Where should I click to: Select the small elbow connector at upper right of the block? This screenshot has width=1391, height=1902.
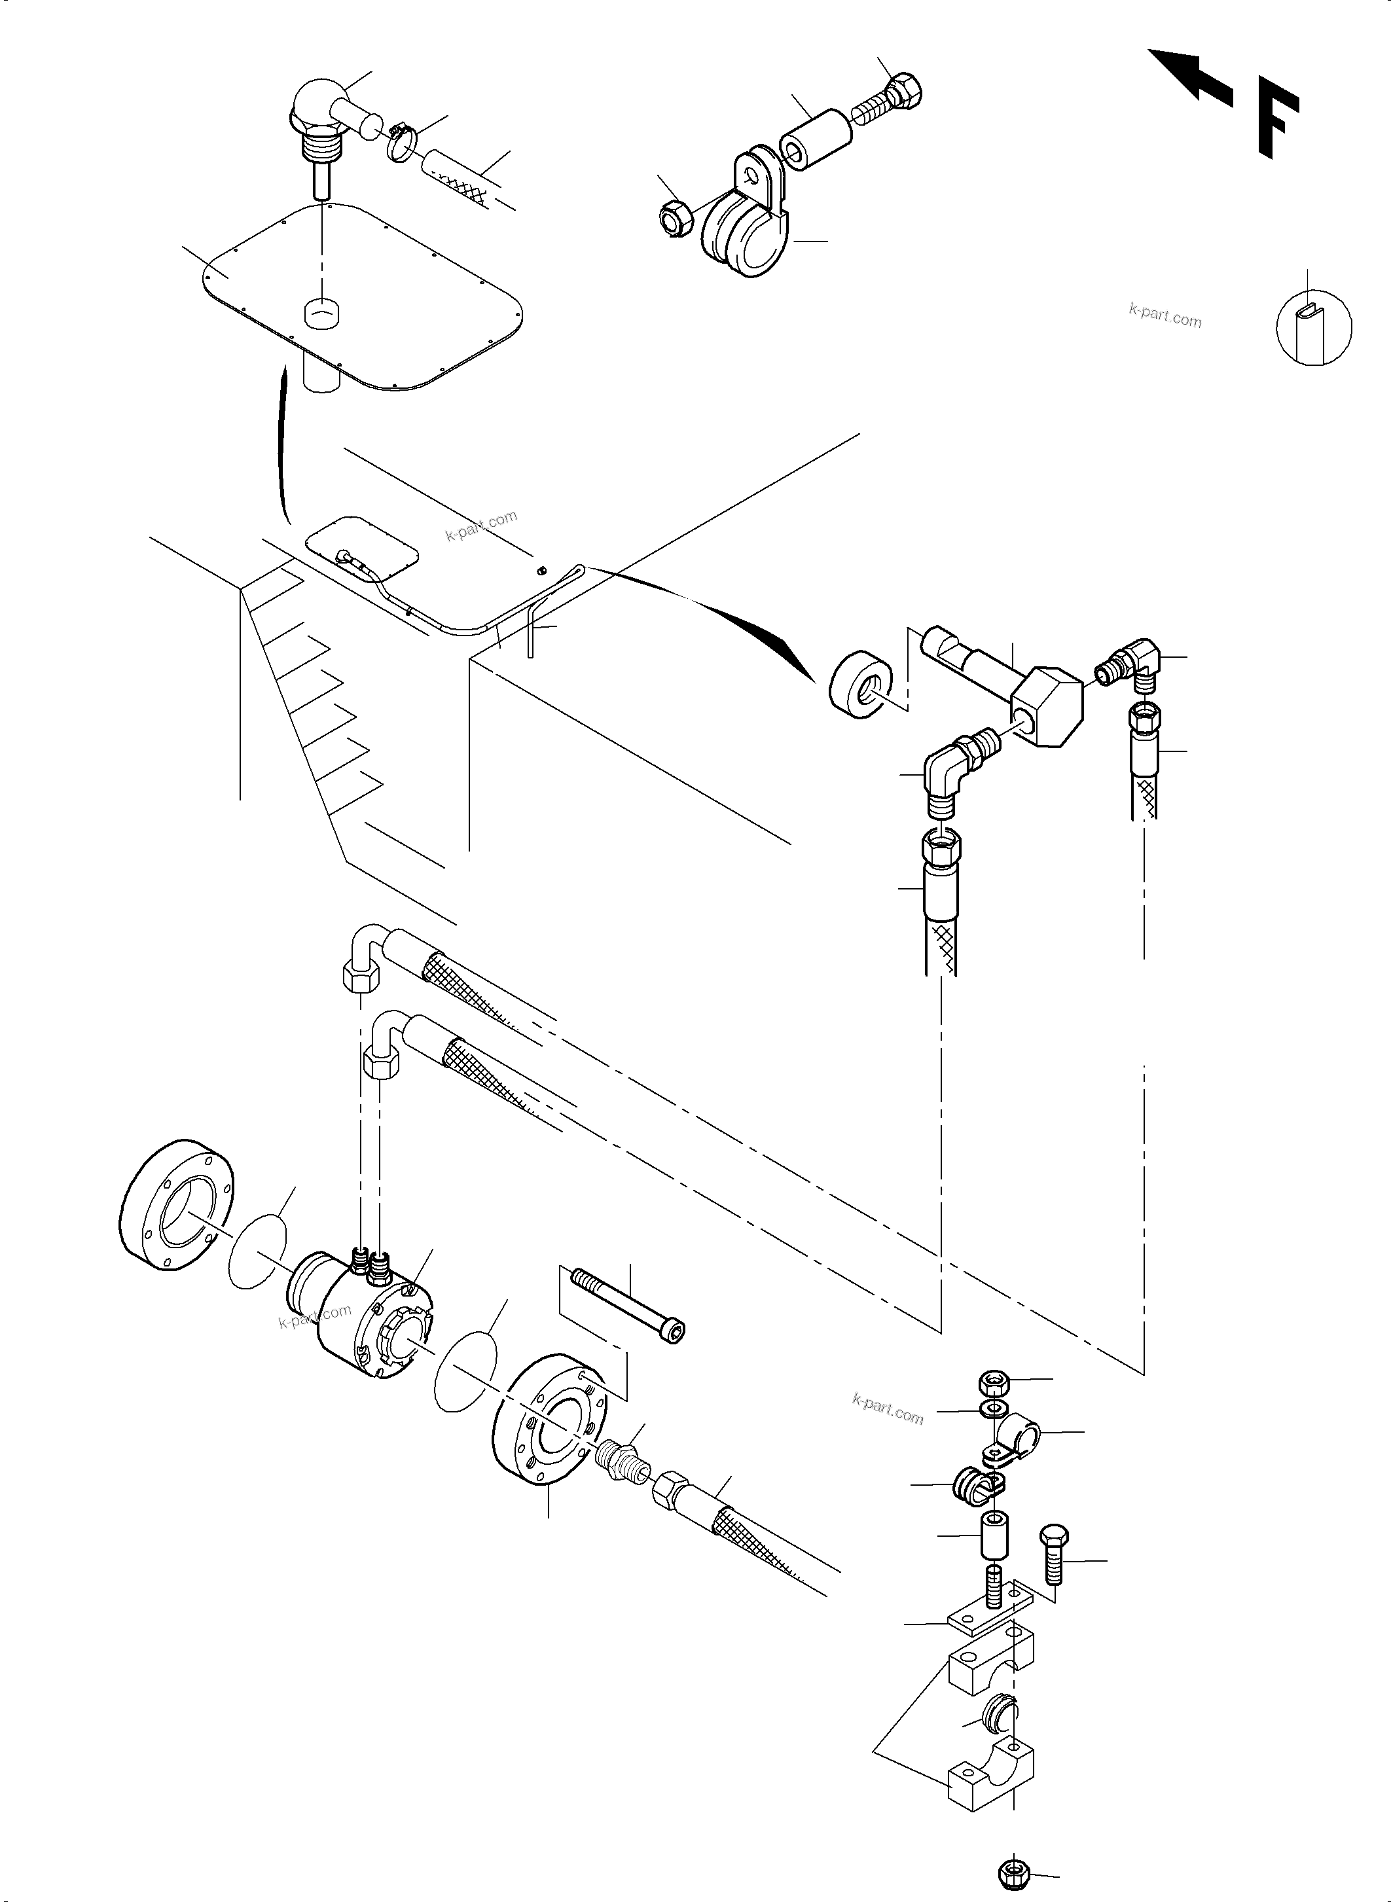(x=1131, y=662)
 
